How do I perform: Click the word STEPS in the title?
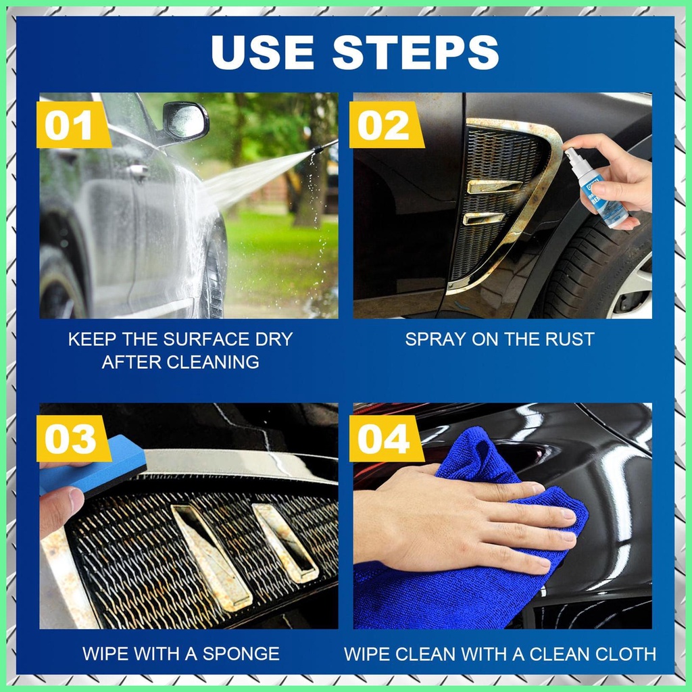coord(416,51)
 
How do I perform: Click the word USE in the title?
coord(263,51)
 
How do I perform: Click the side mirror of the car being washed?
coord(185,122)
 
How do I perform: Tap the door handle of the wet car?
coord(138,171)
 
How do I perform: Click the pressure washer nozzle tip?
coord(318,149)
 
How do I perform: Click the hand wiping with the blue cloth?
coord(468,522)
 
